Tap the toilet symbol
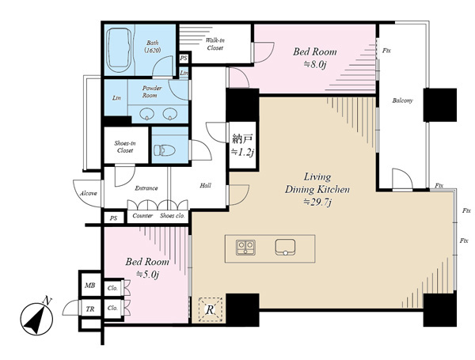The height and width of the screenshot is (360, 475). pyautogui.click(x=165, y=150)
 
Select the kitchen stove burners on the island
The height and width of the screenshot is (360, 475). pyautogui.click(x=245, y=248)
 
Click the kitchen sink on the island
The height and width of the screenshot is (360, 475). pyautogui.click(x=285, y=247)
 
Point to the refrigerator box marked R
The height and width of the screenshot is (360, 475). pyautogui.click(x=211, y=309)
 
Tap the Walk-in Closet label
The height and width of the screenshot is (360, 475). pyautogui.click(x=215, y=44)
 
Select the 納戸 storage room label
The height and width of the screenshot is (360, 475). pyautogui.click(x=242, y=139)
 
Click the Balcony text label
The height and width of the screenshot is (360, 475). pyautogui.click(x=402, y=100)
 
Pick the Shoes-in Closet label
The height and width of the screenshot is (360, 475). pyautogui.click(x=125, y=147)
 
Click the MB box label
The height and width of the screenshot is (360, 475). pyautogui.click(x=89, y=285)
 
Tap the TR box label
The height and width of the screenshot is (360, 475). pyautogui.click(x=90, y=309)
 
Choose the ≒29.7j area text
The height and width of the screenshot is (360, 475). pyautogui.click(x=317, y=202)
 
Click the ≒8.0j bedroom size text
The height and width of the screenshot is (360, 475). pyautogui.click(x=314, y=64)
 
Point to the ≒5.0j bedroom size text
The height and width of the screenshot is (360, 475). pyautogui.click(x=147, y=274)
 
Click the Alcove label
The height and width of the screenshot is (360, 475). pyautogui.click(x=88, y=193)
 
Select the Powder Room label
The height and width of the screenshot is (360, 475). pyautogui.click(x=152, y=92)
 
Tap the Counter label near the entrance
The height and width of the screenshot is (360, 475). pyautogui.click(x=142, y=215)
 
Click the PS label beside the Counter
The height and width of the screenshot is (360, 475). pyautogui.click(x=113, y=218)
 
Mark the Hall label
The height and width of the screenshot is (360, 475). pyautogui.click(x=205, y=185)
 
